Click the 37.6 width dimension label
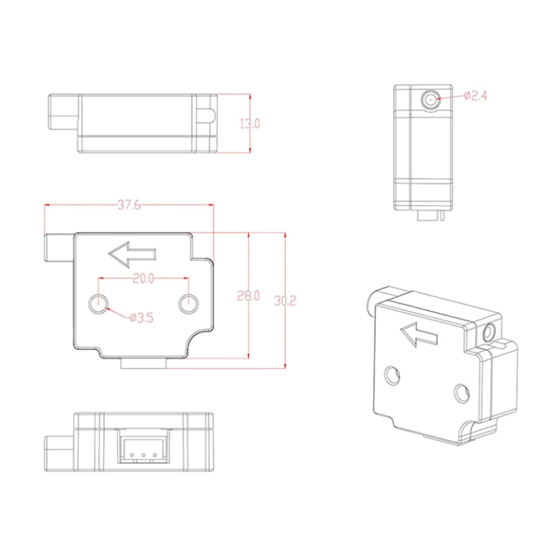tap(129, 206)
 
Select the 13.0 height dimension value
tap(250, 123)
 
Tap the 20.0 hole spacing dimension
tap(143, 278)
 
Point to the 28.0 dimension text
tap(248, 296)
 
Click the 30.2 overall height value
tap(285, 301)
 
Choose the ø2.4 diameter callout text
tap(475, 96)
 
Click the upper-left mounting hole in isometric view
tap(392, 374)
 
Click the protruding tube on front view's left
tap(59, 248)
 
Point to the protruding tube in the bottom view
tap(59, 454)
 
